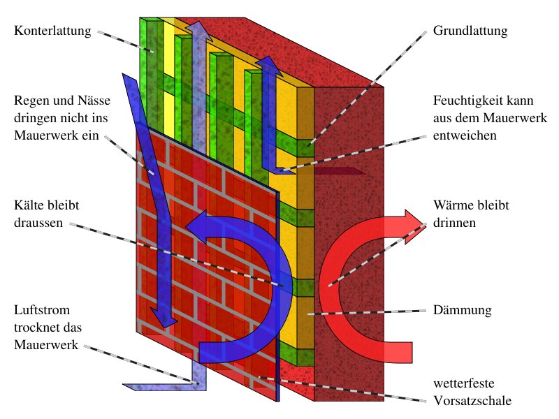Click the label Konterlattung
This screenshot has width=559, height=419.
pos(52,31)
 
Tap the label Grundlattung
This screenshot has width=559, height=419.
pos(470,31)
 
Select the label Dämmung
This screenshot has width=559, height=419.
pos(463,309)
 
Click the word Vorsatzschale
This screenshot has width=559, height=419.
pos(472,401)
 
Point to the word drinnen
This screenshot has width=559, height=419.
pos(455,223)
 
